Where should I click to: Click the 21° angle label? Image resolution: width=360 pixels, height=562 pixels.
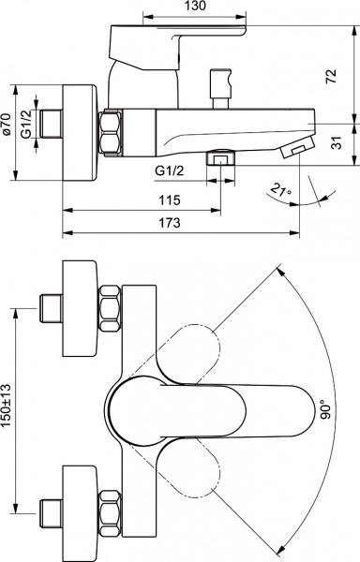pyautogui.click(x=279, y=192)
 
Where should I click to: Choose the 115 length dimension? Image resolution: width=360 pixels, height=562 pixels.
pyautogui.click(x=169, y=200)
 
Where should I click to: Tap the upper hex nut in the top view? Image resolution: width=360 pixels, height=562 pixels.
pyautogui.click(x=110, y=307)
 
